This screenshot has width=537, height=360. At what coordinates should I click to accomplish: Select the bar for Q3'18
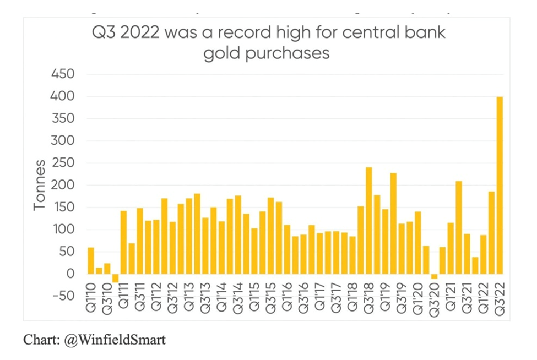click(x=369, y=220)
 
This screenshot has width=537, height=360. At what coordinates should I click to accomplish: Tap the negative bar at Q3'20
click(x=435, y=276)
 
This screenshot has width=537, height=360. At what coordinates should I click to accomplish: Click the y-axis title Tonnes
click(x=39, y=185)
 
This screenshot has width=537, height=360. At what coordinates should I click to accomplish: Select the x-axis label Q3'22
click(x=500, y=301)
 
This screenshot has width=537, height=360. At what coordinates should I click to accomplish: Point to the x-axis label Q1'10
click(x=91, y=301)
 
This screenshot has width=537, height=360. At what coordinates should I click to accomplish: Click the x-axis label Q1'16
click(x=287, y=301)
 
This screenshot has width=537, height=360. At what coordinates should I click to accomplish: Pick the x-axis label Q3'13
click(x=205, y=301)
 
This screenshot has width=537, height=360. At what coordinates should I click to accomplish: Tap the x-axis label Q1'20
click(x=418, y=301)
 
